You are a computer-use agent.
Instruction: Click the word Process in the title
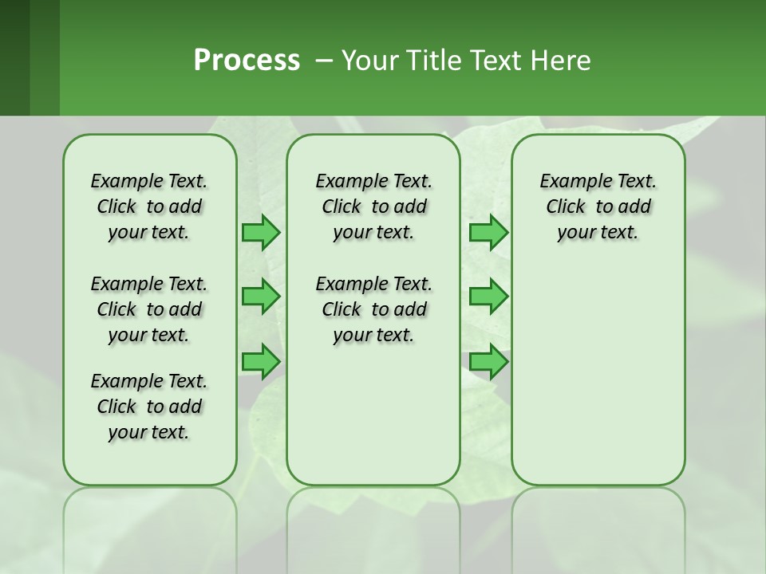pyautogui.click(x=247, y=61)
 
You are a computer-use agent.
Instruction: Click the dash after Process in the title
pyautogui.click(x=324, y=61)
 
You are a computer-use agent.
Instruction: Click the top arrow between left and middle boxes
pyautogui.click(x=260, y=232)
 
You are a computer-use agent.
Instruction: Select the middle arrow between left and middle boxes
pyautogui.click(x=260, y=297)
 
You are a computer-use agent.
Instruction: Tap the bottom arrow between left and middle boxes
pyautogui.click(x=260, y=361)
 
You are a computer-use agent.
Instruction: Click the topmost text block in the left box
pyautogui.click(x=149, y=206)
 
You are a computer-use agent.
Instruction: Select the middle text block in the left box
pyautogui.click(x=149, y=309)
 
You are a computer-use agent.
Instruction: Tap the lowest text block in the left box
pyautogui.click(x=149, y=407)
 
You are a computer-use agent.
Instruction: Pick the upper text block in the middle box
pyautogui.click(x=373, y=206)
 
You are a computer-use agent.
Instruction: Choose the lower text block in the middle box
pyautogui.click(x=373, y=309)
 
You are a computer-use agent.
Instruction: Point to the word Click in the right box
pyautogui.click(x=566, y=206)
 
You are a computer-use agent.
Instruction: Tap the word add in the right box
pyautogui.click(x=635, y=206)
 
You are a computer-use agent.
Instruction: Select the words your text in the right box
pyautogui.click(x=598, y=232)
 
